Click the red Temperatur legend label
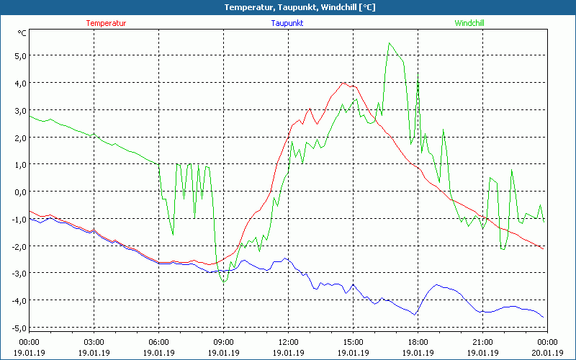click(106, 23)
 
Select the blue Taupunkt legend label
click(288, 23)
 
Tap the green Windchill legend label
click(469, 23)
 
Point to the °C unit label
click(22, 32)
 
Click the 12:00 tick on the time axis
click(288, 341)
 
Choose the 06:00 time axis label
click(158, 341)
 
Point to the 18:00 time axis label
click(418, 341)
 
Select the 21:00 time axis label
click(482, 341)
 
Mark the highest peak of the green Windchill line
click(390, 43)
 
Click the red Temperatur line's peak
click(343, 83)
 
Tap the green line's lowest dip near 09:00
click(224, 282)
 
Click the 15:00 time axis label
click(353, 341)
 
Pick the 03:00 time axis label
click(94, 341)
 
